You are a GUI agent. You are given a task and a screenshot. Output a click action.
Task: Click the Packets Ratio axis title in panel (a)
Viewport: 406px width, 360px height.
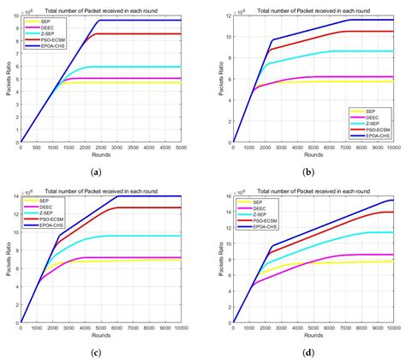pyautogui.click(x=6, y=77)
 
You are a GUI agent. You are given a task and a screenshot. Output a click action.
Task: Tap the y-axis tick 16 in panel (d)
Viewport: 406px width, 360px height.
pyautogui.click(x=224, y=196)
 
